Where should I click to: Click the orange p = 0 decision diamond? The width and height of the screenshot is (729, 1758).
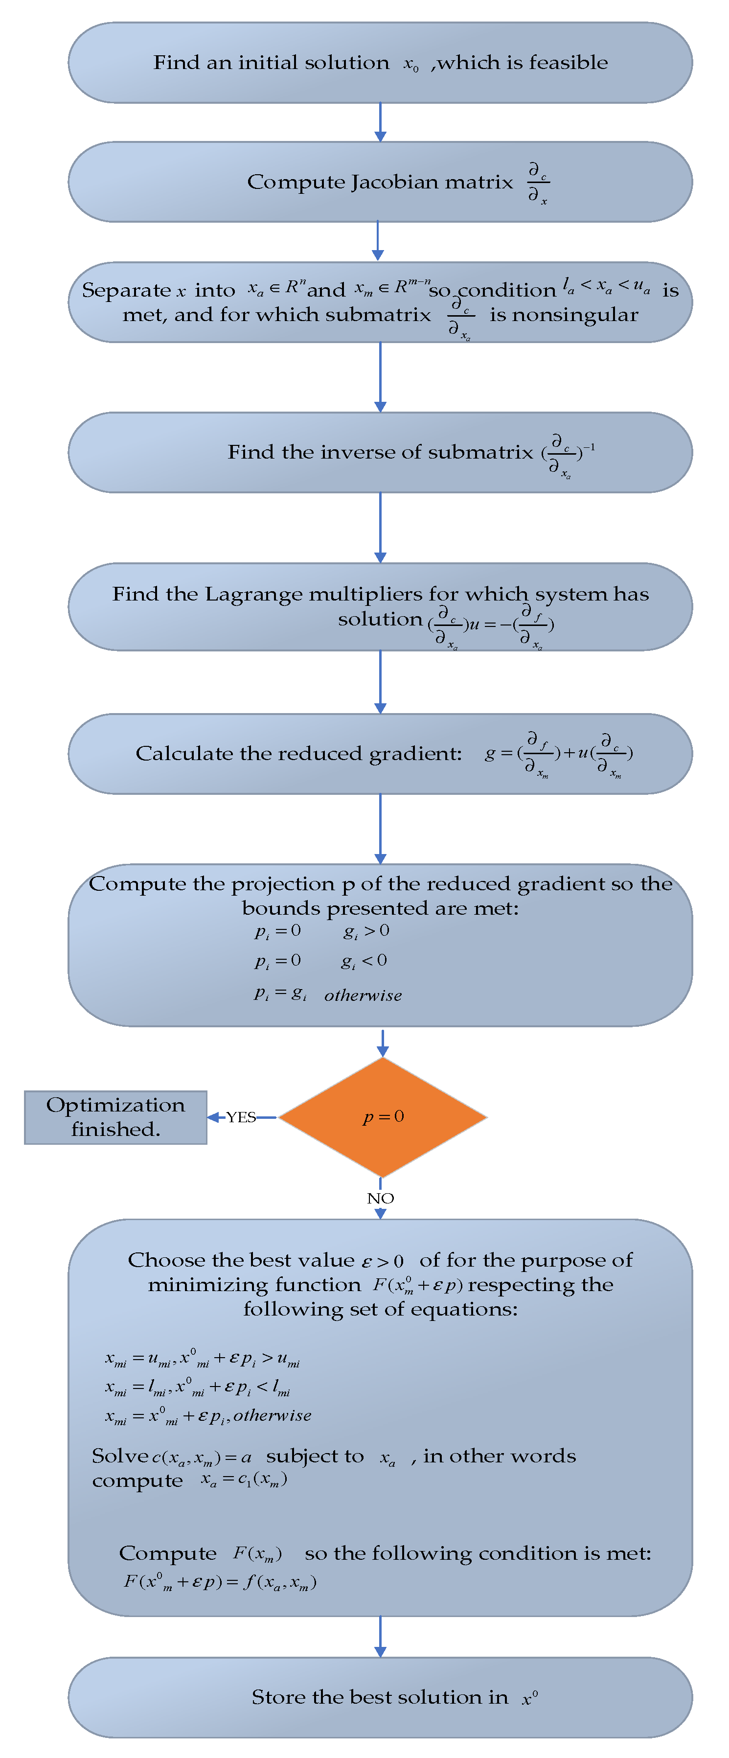point(383,1117)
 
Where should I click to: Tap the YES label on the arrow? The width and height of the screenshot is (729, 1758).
point(241,1117)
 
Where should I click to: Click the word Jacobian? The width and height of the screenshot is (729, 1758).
point(386,182)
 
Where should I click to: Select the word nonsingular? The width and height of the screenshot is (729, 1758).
point(564,315)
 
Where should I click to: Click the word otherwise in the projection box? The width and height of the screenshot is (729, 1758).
point(363,995)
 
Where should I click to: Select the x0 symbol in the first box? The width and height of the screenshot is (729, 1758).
point(410,65)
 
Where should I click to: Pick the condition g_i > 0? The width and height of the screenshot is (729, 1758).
point(366,931)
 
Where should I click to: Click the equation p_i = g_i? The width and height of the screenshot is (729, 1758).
point(280,994)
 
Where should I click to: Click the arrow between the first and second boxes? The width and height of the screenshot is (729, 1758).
point(380,122)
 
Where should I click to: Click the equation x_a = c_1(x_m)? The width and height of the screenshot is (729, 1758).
point(244,1479)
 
